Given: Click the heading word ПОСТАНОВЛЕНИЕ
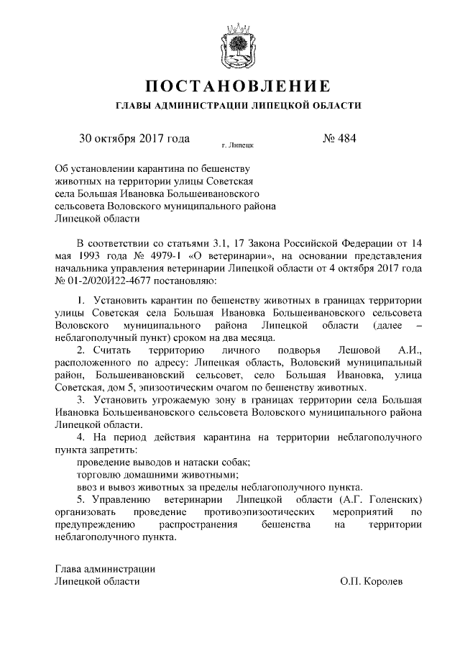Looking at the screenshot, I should tap(230, 86).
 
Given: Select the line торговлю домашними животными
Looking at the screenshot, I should tap(155, 474).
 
